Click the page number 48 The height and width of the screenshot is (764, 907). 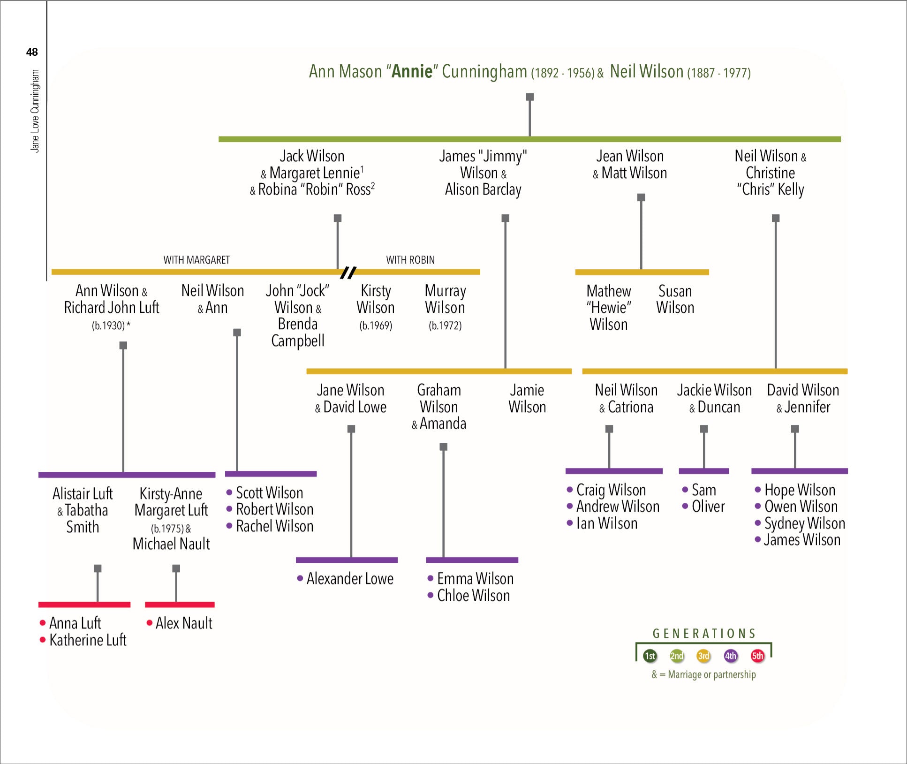(x=32, y=52)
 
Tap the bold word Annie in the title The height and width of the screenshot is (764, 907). (x=412, y=71)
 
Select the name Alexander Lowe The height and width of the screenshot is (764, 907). (x=349, y=579)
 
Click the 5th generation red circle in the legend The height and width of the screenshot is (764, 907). (x=757, y=656)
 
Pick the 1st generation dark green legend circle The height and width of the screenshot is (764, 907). (x=650, y=656)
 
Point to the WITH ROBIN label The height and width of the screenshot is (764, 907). (x=410, y=260)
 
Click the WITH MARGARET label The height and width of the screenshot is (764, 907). (x=197, y=260)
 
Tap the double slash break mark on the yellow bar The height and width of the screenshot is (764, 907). (x=348, y=272)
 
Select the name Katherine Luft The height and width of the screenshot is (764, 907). (x=88, y=640)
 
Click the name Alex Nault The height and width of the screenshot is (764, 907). (x=184, y=623)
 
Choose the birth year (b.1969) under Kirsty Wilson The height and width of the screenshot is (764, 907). (x=376, y=325)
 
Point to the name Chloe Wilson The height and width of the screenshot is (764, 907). (x=473, y=596)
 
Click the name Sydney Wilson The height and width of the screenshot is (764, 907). (x=804, y=523)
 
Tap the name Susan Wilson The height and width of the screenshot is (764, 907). (x=675, y=299)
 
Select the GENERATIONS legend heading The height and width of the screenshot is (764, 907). (x=704, y=634)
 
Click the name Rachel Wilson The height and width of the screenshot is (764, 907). (x=274, y=526)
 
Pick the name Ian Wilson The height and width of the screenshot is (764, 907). (x=606, y=523)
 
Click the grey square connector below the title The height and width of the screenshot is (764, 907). (x=529, y=97)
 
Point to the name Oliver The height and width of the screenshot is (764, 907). (x=708, y=507)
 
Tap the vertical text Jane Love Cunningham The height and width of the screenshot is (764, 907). (x=35, y=111)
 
